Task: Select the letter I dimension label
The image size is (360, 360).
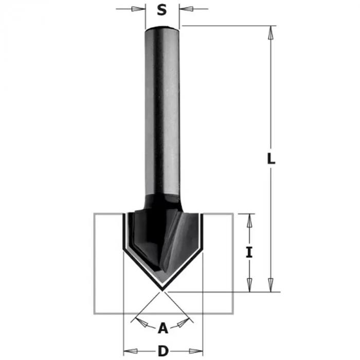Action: (x=249, y=253)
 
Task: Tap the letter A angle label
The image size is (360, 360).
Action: (x=163, y=327)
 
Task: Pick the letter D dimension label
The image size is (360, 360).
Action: (x=163, y=351)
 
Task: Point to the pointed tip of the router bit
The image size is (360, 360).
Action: (x=163, y=288)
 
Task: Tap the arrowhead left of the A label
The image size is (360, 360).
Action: (x=138, y=322)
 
